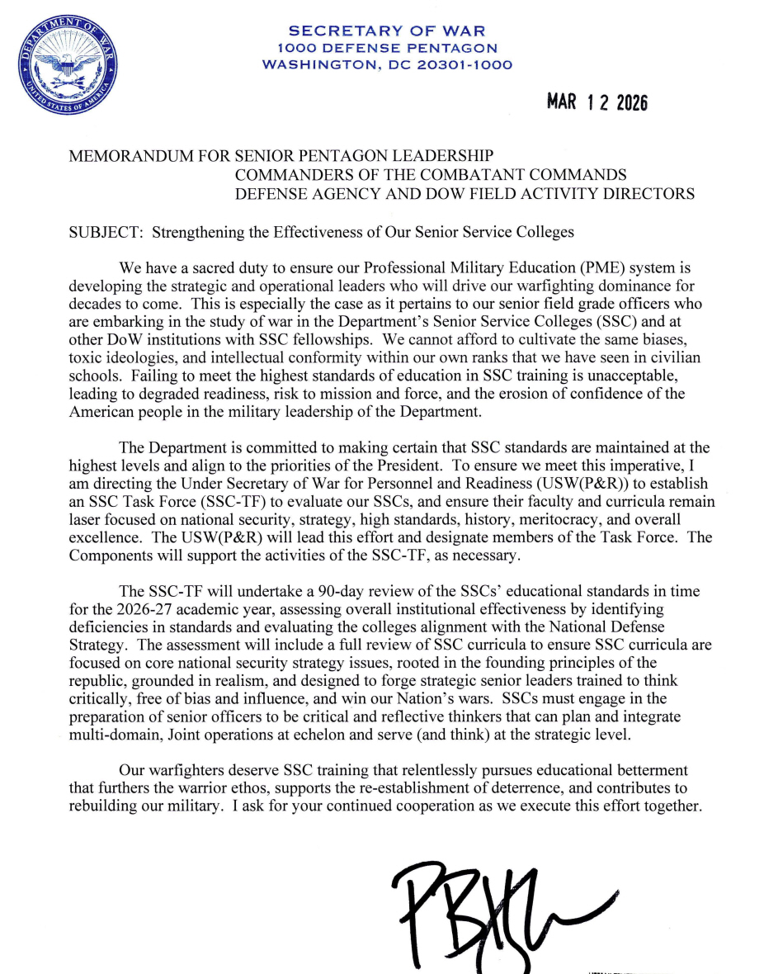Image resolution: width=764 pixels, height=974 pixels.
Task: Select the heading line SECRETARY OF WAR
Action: [x=386, y=31]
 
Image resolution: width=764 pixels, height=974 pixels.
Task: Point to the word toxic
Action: [x=84, y=357]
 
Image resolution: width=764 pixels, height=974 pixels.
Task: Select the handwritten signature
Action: [x=495, y=908]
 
